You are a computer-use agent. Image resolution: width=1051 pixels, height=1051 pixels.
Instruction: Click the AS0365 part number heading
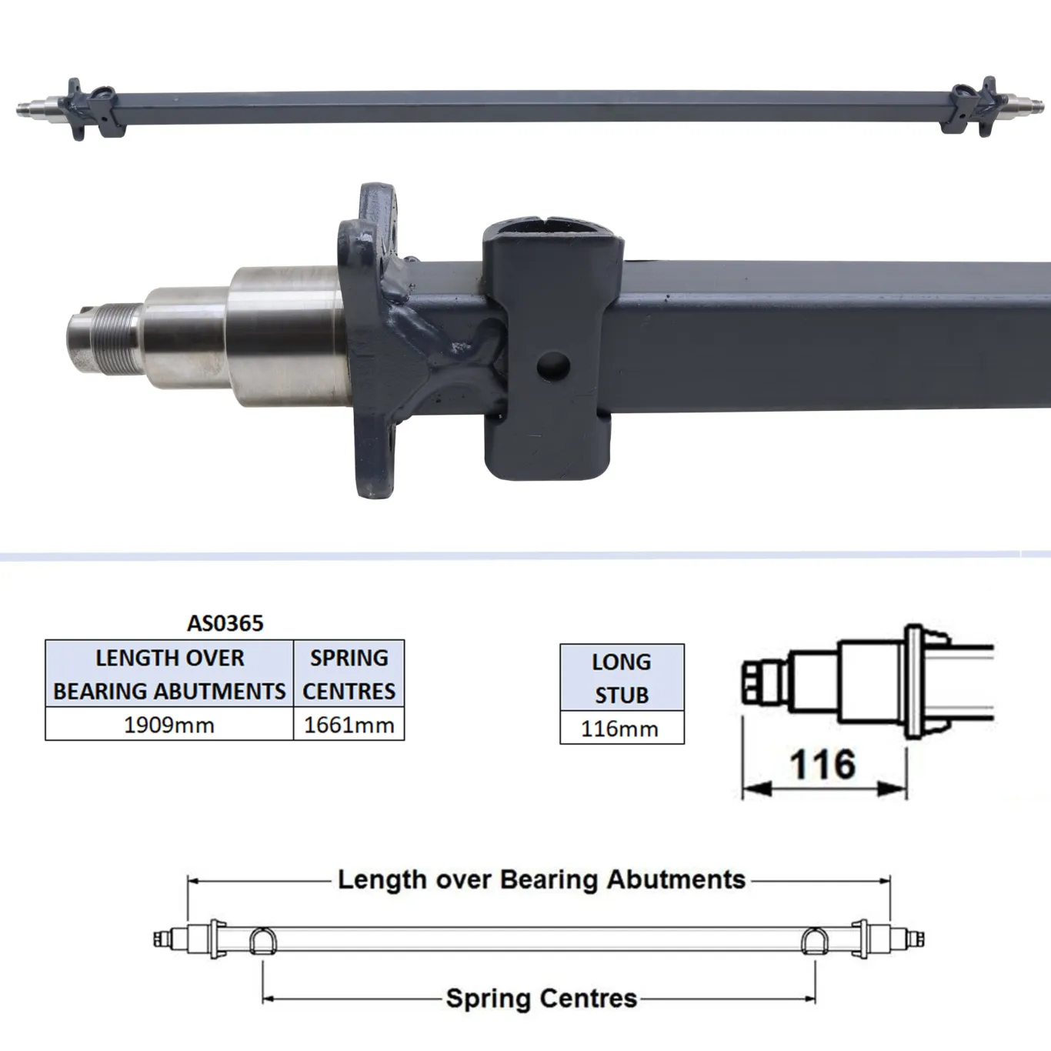(x=225, y=622)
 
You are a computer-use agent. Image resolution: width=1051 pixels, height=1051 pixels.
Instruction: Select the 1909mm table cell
(x=169, y=725)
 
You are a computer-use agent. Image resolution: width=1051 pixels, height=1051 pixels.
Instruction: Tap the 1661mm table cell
(x=349, y=725)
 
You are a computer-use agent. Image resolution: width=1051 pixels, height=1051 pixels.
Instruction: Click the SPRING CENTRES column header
(x=349, y=674)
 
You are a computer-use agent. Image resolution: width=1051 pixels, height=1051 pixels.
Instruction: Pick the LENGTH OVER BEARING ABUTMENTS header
(x=169, y=674)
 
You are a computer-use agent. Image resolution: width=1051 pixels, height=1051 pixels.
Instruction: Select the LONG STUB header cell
(x=622, y=678)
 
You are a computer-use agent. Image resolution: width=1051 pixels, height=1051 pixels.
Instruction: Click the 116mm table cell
(x=620, y=729)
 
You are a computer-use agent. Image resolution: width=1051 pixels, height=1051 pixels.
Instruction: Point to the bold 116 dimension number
(x=822, y=765)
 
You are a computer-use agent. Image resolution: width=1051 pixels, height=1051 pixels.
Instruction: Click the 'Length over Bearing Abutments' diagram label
(x=542, y=879)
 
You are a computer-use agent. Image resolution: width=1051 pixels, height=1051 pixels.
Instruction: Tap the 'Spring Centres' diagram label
(x=542, y=999)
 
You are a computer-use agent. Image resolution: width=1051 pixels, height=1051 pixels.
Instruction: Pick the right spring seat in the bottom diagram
(x=815, y=940)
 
